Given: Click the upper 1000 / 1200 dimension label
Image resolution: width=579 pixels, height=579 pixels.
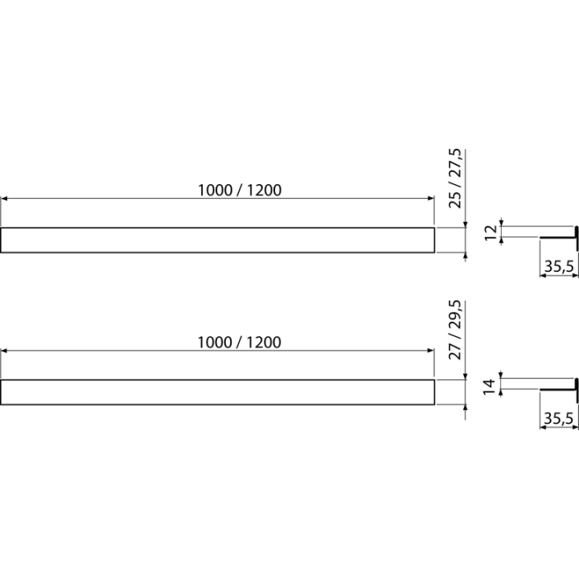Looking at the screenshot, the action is point(240,190).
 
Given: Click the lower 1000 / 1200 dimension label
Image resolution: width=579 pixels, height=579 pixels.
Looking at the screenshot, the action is point(240,343).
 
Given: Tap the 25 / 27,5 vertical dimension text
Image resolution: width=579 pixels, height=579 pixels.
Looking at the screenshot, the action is point(455,179).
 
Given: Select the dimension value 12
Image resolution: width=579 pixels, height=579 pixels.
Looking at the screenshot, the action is point(491,232).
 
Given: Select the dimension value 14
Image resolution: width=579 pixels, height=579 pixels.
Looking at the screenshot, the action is point(490,386).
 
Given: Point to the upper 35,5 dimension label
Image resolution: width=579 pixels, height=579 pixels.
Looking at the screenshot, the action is point(559,266).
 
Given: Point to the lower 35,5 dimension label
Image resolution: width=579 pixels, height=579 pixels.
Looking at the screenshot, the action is point(559,418).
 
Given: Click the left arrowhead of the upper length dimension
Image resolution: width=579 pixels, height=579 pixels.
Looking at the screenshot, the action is point(4,199).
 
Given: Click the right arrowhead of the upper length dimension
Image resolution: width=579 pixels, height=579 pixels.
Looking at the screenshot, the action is point(431,199).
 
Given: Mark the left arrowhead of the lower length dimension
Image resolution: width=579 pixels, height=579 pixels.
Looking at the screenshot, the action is point(4,351).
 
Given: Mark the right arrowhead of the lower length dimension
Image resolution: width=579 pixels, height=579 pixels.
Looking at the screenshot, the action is point(431,351).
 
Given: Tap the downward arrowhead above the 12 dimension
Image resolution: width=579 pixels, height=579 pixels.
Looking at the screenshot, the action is point(501,223).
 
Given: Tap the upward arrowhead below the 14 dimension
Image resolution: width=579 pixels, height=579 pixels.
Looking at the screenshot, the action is point(501,392).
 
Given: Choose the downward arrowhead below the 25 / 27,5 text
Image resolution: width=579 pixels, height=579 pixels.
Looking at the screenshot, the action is point(466,224).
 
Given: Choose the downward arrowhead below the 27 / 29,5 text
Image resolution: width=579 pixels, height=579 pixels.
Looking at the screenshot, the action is point(466,376).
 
